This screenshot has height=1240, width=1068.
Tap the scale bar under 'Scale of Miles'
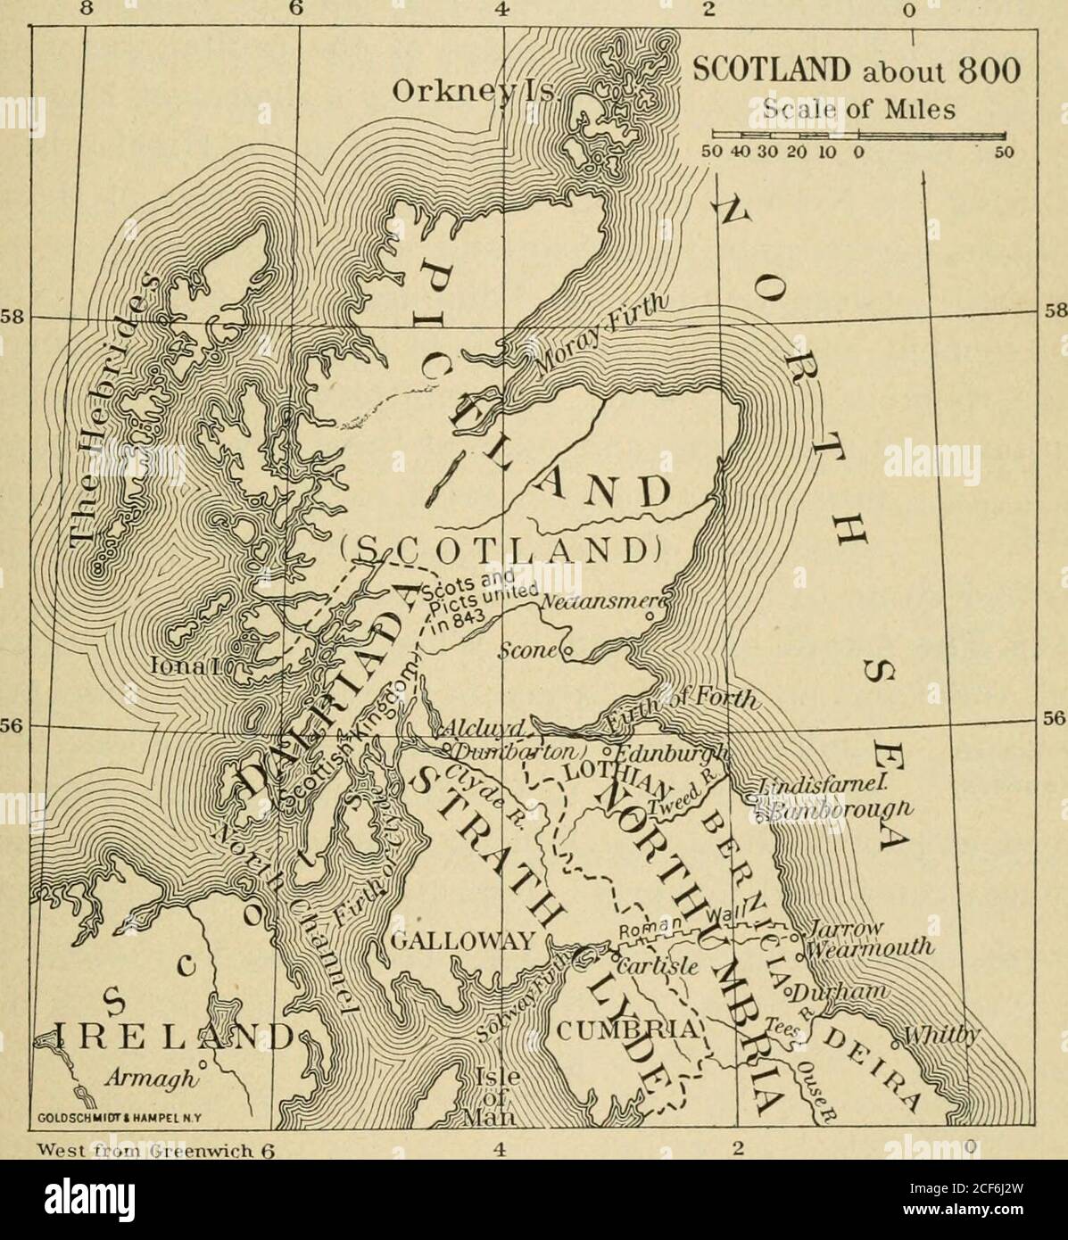pos(855,136)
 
